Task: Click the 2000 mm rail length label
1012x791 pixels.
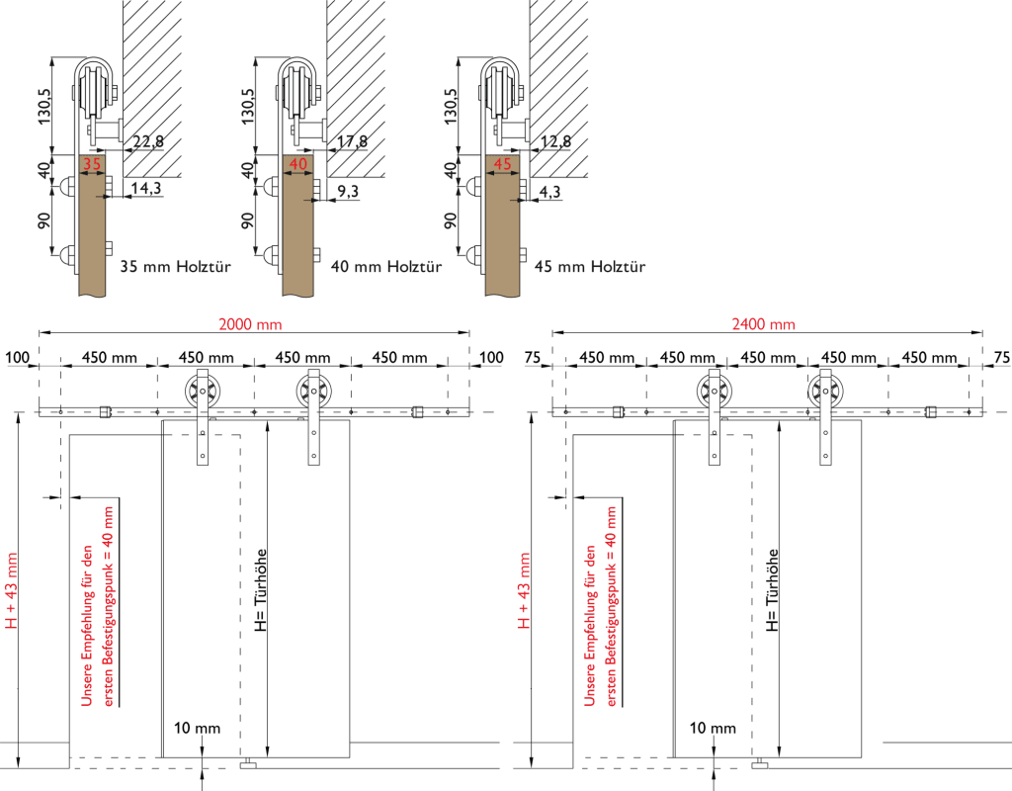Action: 250,324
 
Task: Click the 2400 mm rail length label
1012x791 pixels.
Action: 764,324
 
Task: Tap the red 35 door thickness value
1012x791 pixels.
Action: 92,164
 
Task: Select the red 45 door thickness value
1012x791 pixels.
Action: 502,164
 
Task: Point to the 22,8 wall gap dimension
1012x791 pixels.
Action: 148,141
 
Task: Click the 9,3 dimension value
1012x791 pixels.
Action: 348,191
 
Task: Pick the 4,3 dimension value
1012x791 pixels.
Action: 549,192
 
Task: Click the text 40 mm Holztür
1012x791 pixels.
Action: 386,266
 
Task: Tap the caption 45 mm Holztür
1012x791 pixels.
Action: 590,266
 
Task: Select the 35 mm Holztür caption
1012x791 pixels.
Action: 176,266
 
